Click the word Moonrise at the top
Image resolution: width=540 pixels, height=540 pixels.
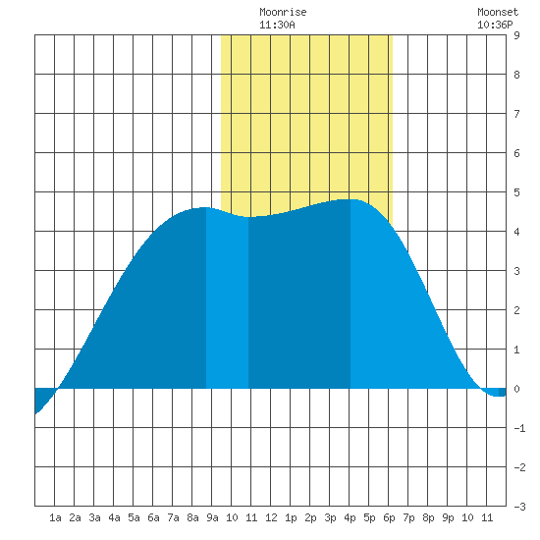[x=283, y=12]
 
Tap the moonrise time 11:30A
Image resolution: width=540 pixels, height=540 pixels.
[x=277, y=25]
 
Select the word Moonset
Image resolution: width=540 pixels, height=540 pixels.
[x=498, y=12]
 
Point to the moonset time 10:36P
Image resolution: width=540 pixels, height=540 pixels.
[x=495, y=25]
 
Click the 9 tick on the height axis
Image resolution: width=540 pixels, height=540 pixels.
[x=516, y=35]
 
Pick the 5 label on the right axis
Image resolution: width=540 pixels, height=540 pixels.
[x=516, y=192]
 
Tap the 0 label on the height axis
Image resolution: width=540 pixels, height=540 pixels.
[x=516, y=389]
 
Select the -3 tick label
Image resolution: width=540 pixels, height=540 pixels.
[x=519, y=507]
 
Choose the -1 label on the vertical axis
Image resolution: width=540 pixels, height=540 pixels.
[x=519, y=428]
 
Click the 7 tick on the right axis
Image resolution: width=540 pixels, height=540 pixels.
[x=516, y=114]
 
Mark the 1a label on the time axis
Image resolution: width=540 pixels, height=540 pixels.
[x=55, y=517]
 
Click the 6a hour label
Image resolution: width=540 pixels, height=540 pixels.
[x=153, y=517]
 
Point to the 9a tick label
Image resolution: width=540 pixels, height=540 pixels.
[x=212, y=517]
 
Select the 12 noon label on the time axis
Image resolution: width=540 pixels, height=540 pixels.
[x=271, y=517]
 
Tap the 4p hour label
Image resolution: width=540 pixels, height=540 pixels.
[x=350, y=517]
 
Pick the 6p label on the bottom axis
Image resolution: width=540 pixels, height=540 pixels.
[x=389, y=517]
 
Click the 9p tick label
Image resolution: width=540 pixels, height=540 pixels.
[x=448, y=517]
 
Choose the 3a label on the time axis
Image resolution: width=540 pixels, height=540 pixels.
[x=94, y=517]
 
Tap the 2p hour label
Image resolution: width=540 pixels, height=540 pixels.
[x=310, y=517]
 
